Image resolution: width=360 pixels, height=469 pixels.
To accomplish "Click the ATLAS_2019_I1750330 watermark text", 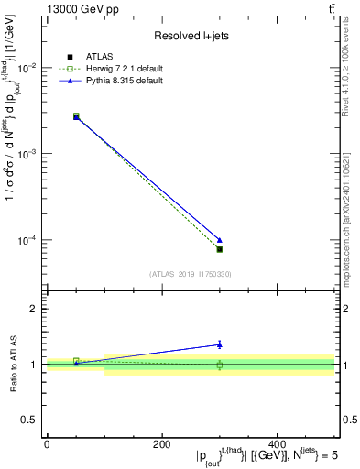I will coord(190,274).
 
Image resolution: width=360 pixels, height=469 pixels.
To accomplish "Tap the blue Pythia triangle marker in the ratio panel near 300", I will coord(219,344).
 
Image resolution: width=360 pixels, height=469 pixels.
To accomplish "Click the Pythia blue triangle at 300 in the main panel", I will coord(219,240).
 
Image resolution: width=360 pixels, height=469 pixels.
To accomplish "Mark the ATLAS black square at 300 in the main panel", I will coord(219,249).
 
